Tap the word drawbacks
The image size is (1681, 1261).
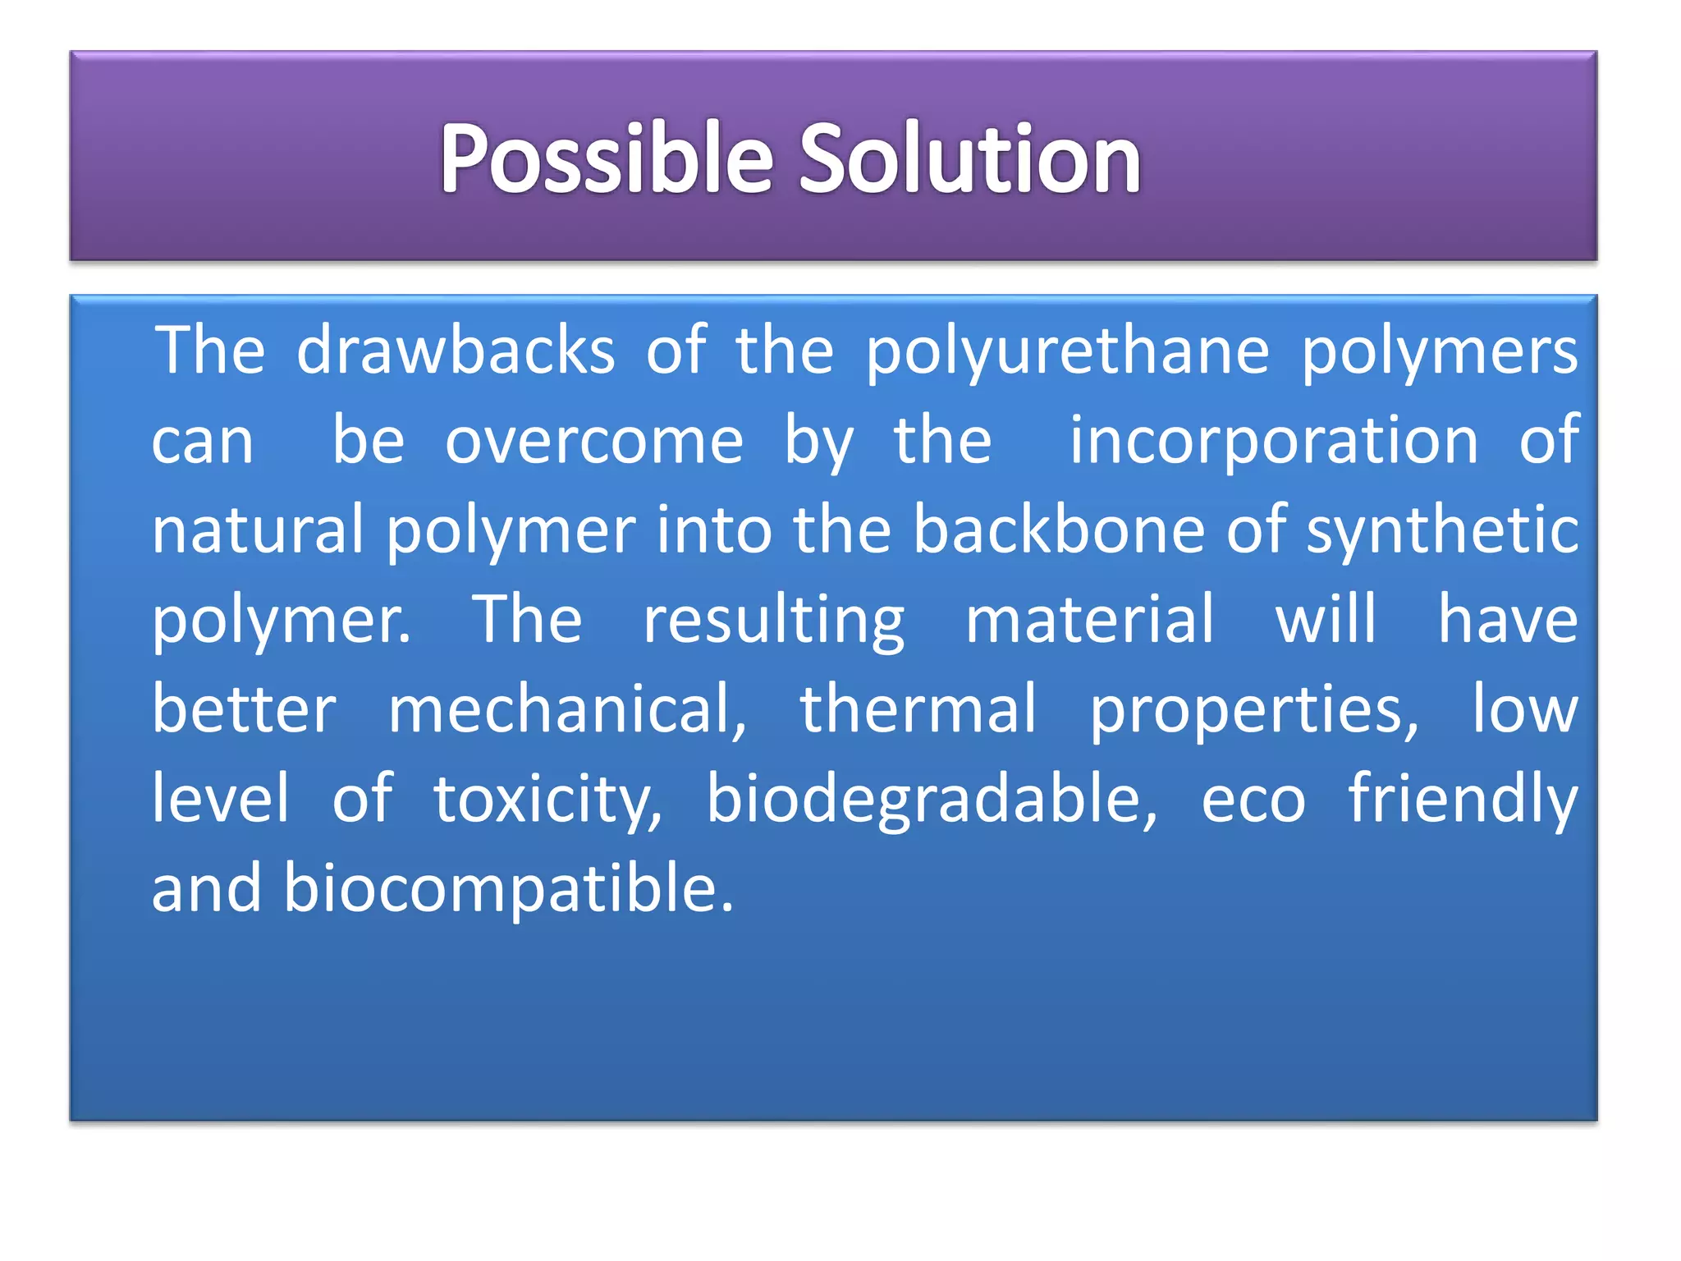pyautogui.click(x=456, y=351)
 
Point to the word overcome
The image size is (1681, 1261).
pyautogui.click(x=594, y=441)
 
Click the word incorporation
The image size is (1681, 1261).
pyautogui.click(x=1274, y=441)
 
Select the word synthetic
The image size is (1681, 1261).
pyautogui.click(x=1442, y=531)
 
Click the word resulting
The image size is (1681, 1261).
pyautogui.click(x=773, y=621)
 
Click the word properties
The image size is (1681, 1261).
pyautogui.click(x=1253, y=711)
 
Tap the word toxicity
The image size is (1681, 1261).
pyautogui.click(x=547, y=800)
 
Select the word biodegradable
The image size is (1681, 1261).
pyautogui.click(x=932, y=800)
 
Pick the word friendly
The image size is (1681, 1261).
pyautogui.click(x=1463, y=800)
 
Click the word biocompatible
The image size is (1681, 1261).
pyautogui.click(x=508, y=889)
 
